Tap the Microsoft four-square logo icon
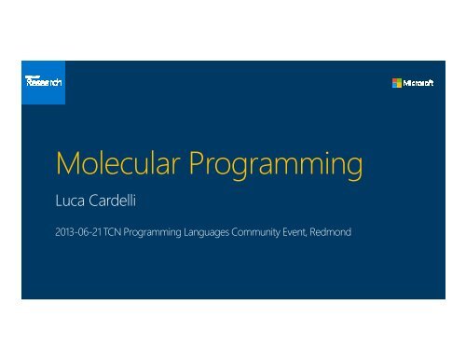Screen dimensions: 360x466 coord(397,83)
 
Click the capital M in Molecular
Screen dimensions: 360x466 coord(66,167)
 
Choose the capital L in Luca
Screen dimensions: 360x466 coord(59,198)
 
